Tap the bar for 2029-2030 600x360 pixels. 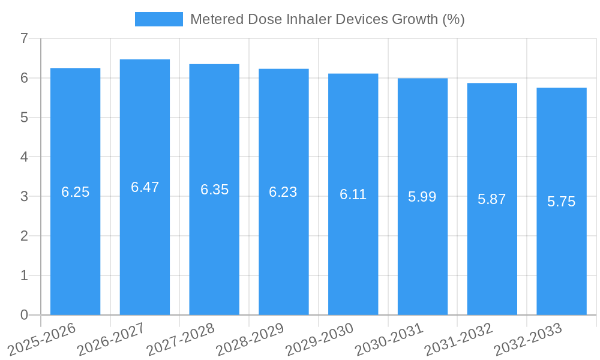click(x=353, y=252)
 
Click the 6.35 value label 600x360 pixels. click(x=214, y=190)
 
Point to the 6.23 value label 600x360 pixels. click(x=283, y=192)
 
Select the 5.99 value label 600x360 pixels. click(x=422, y=197)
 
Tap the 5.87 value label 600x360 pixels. click(x=492, y=199)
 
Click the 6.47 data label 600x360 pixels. click(x=145, y=187)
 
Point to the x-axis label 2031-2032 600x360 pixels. click(x=459, y=340)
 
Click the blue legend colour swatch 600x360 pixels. click(x=158, y=19)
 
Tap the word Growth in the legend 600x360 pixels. click(x=414, y=19)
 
